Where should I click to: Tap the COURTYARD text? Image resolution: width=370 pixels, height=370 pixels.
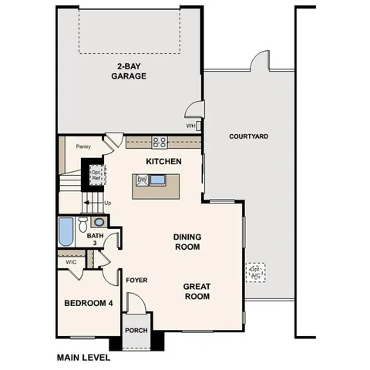pyautogui.click(x=249, y=136)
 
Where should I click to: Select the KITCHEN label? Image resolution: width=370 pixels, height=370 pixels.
pyautogui.click(x=163, y=162)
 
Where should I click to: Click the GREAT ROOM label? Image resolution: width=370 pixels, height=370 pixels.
pyautogui.click(x=197, y=291)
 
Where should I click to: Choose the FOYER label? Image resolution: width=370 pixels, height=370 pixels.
pyautogui.click(x=136, y=280)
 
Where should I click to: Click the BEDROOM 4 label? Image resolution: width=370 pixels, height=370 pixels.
pyautogui.click(x=88, y=303)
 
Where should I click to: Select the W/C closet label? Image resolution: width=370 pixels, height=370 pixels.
pyautogui.click(x=71, y=262)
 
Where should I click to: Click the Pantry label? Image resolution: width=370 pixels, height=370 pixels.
pyautogui.click(x=84, y=146)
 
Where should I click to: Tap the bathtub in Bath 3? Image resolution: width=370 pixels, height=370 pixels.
pyautogui.click(x=66, y=231)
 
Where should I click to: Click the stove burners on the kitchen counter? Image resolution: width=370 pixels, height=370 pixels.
pyautogui.click(x=160, y=141)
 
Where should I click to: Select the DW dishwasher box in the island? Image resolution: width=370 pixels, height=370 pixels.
pyautogui.click(x=141, y=180)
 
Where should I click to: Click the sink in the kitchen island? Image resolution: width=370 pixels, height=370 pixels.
pyautogui.click(x=157, y=180)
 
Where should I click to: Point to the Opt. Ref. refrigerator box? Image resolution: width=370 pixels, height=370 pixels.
pyautogui.click(x=96, y=174)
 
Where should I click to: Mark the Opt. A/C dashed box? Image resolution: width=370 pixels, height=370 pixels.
pyautogui.click(x=256, y=271)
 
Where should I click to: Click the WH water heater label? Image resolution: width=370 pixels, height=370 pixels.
pyautogui.click(x=190, y=126)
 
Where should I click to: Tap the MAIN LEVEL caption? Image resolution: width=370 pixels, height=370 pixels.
pyautogui.click(x=83, y=358)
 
